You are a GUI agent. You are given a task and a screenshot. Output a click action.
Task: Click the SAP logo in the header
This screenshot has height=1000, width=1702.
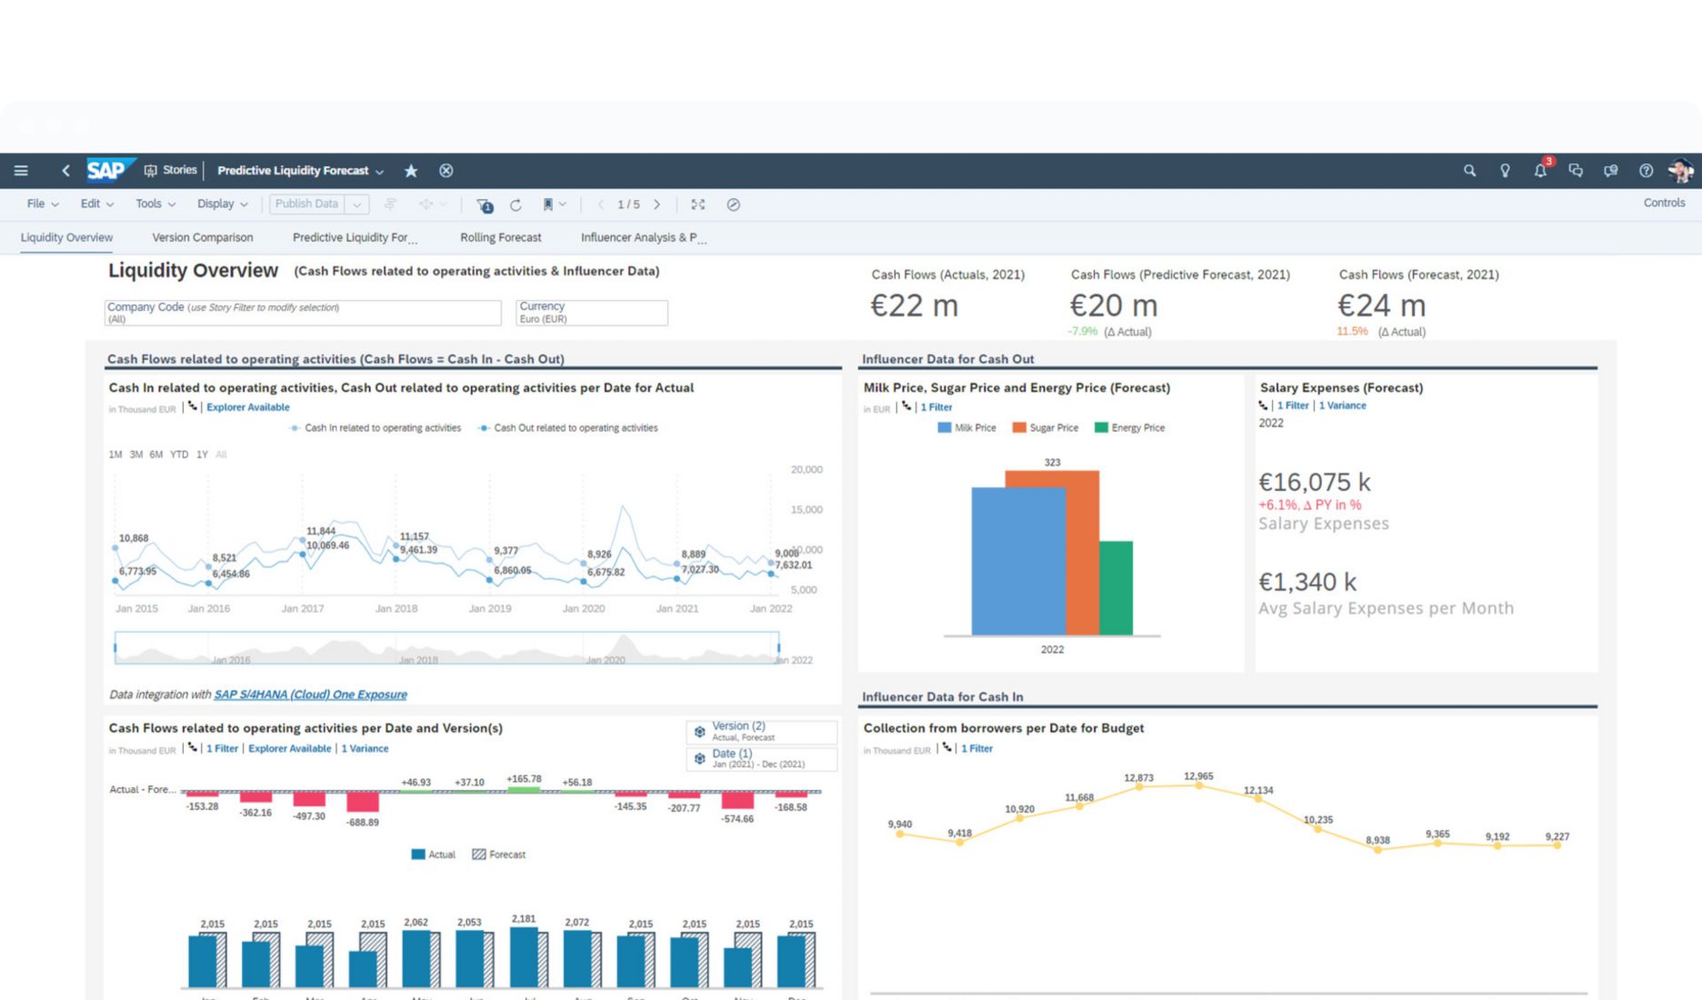pyautogui.click(x=107, y=170)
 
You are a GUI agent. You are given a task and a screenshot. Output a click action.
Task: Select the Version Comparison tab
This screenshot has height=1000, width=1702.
pyautogui.click(x=202, y=237)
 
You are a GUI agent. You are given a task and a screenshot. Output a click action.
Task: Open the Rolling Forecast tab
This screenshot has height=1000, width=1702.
pyautogui.click(x=500, y=237)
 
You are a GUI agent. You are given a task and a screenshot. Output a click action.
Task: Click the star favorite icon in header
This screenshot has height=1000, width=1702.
pyautogui.click(x=411, y=171)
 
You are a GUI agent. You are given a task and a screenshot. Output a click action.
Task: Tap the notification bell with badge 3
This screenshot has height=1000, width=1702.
pyautogui.click(x=1540, y=170)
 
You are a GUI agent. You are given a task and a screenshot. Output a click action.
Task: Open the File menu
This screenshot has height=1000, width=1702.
pyautogui.click(x=42, y=204)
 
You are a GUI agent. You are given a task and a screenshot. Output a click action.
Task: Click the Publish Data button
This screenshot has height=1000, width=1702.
pyautogui.click(x=306, y=204)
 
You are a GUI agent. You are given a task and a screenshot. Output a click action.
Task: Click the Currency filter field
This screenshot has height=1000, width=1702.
pyautogui.click(x=591, y=313)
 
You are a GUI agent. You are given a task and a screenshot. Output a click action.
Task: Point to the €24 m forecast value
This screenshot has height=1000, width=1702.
pyautogui.click(x=1380, y=305)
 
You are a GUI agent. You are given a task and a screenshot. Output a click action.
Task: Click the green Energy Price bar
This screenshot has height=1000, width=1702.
pyautogui.click(x=1116, y=587)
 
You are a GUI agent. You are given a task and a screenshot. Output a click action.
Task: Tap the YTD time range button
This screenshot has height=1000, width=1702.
pyautogui.click(x=179, y=455)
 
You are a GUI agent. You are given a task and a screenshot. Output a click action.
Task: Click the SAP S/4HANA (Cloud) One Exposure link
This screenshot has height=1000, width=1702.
pyautogui.click(x=310, y=695)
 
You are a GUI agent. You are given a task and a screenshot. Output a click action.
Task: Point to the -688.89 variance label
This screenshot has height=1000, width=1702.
pyautogui.click(x=362, y=822)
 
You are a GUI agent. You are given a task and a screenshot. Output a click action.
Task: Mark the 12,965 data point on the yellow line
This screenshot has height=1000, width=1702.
pyautogui.click(x=1198, y=785)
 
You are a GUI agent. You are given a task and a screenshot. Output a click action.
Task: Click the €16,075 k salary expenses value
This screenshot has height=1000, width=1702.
pyautogui.click(x=1314, y=482)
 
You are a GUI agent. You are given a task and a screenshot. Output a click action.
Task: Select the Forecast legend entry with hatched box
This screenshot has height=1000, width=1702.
pyautogui.click(x=499, y=855)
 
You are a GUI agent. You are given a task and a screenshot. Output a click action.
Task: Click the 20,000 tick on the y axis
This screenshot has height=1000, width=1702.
pyautogui.click(x=806, y=469)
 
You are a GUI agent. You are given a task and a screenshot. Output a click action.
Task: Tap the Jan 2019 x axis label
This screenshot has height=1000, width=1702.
pyautogui.click(x=489, y=608)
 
